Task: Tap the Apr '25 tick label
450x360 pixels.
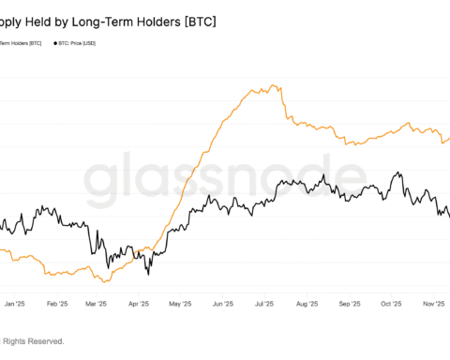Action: point(139,304)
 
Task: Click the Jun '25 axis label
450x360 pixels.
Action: point(222,304)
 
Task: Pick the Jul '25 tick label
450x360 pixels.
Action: point(262,304)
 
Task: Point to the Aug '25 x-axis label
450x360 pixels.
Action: point(306,304)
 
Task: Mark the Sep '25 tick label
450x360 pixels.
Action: point(348,304)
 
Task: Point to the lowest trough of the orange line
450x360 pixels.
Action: point(106,281)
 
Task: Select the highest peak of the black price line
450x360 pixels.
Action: point(399,172)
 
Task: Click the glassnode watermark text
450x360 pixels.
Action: point(225,178)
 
